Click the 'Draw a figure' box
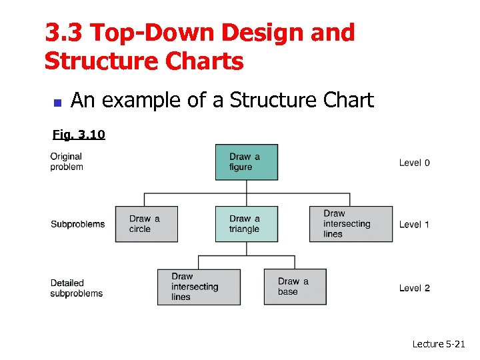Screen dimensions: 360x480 point(246,162)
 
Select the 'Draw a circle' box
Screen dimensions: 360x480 point(146,224)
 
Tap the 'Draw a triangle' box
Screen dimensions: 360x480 point(246,224)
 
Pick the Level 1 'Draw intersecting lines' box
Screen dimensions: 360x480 point(351,224)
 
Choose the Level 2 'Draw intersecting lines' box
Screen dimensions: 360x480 point(199,287)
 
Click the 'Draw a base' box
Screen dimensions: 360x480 point(295,287)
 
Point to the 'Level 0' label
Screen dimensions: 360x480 point(414,163)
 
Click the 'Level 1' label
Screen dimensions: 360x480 point(414,225)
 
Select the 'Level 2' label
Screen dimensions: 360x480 point(414,288)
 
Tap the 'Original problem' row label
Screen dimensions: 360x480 point(67,161)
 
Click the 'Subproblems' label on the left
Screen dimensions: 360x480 point(77,224)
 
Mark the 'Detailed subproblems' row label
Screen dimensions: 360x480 point(76,288)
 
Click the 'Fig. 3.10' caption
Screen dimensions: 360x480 point(79,135)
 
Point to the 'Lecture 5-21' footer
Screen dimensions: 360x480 point(438,344)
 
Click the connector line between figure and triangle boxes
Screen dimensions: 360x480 point(247,193)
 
